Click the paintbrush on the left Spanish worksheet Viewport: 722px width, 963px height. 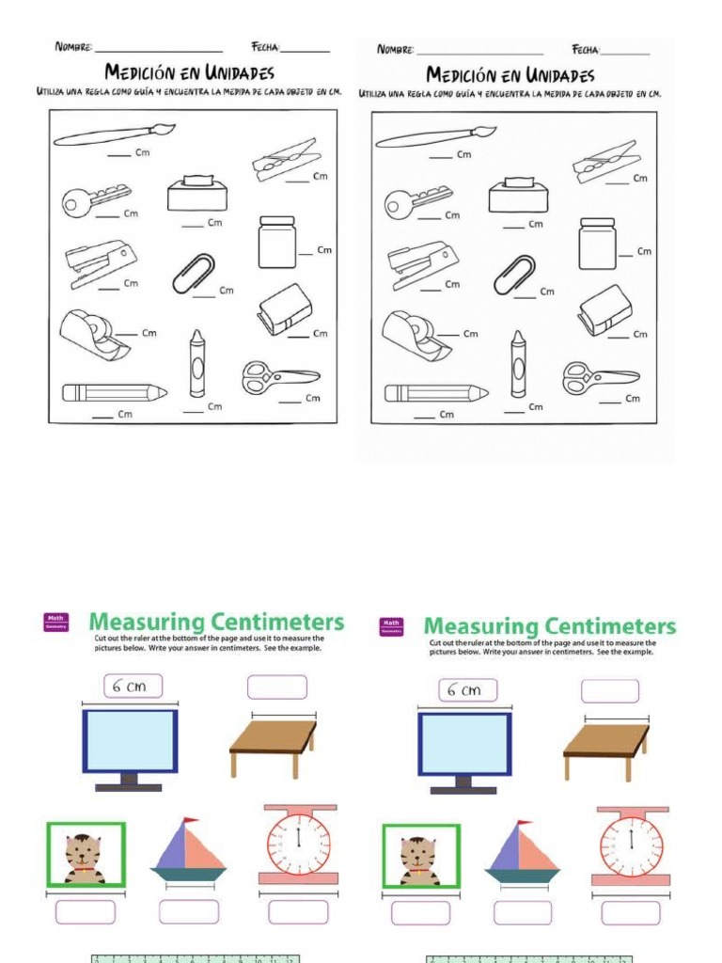point(113,134)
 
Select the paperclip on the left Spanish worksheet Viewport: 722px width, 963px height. point(194,273)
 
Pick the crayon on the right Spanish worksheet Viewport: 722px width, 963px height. point(518,364)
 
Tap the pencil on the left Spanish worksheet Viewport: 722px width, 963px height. point(114,392)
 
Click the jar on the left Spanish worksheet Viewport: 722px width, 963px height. point(276,243)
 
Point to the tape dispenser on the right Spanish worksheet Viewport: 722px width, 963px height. point(415,335)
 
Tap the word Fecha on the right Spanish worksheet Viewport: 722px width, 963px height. point(588,50)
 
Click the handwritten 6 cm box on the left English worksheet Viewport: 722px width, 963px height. point(132,687)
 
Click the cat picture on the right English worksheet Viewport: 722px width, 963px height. point(419,856)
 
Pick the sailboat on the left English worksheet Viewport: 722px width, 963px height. point(188,850)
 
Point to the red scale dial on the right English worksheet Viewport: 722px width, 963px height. point(632,845)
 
